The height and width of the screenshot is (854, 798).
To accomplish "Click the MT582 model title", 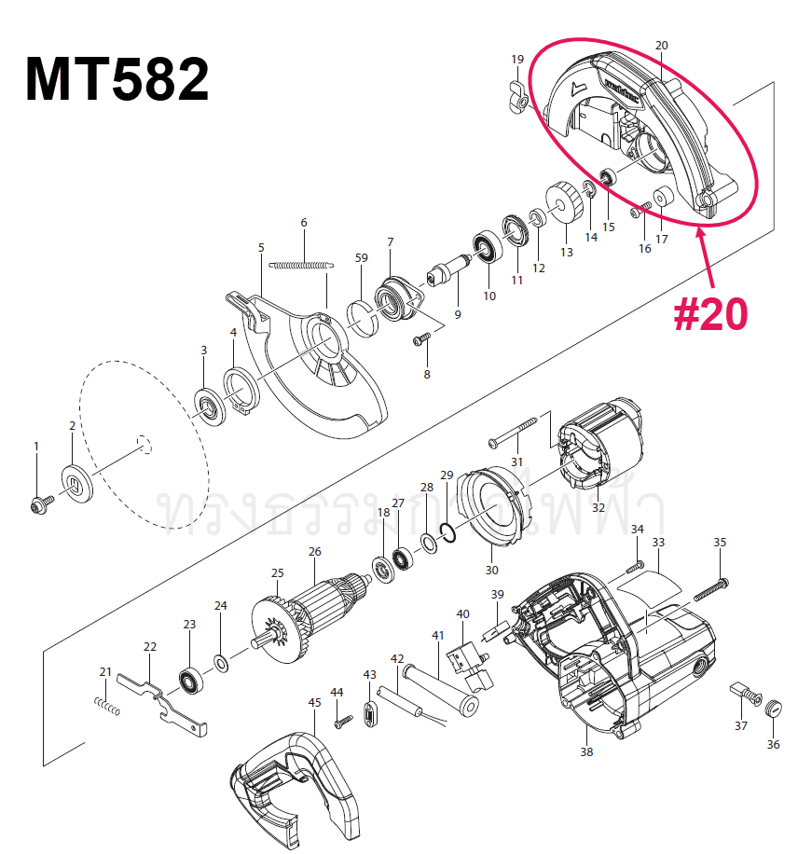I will point(117,80).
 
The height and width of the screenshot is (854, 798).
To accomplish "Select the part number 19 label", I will point(517,60).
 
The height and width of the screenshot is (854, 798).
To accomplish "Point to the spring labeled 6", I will point(300,265).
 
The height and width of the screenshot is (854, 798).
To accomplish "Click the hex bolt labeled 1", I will point(39,503).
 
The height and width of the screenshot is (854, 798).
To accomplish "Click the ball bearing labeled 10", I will point(486,246).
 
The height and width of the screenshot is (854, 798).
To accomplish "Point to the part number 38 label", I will point(585,751).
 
